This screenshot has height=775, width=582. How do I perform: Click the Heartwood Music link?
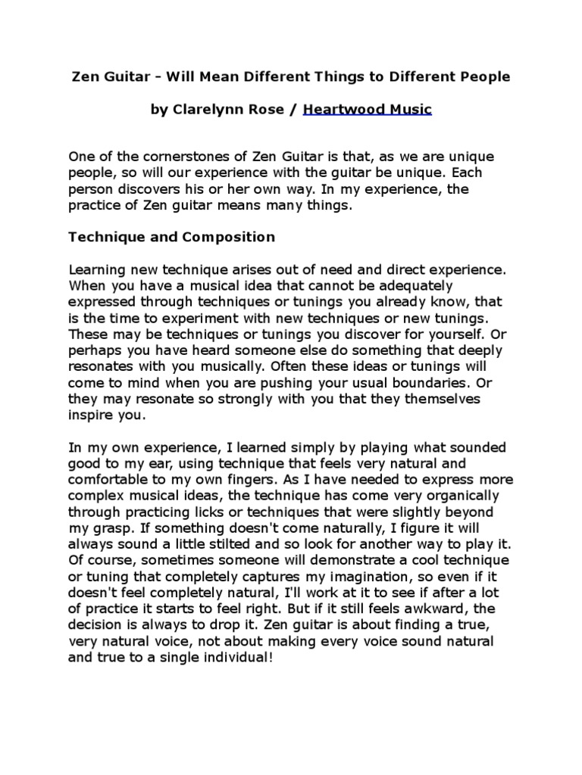coord(368,110)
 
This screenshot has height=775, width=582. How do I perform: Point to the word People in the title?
coord(485,76)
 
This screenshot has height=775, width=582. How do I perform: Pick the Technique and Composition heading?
coord(172,237)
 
